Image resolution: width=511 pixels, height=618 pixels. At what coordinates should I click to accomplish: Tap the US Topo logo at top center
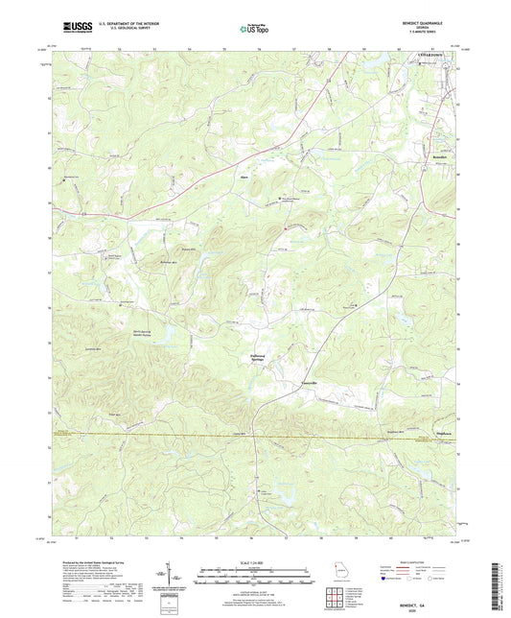[x=254, y=29]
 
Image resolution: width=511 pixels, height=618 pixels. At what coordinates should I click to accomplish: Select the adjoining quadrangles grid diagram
[x=342, y=598]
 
